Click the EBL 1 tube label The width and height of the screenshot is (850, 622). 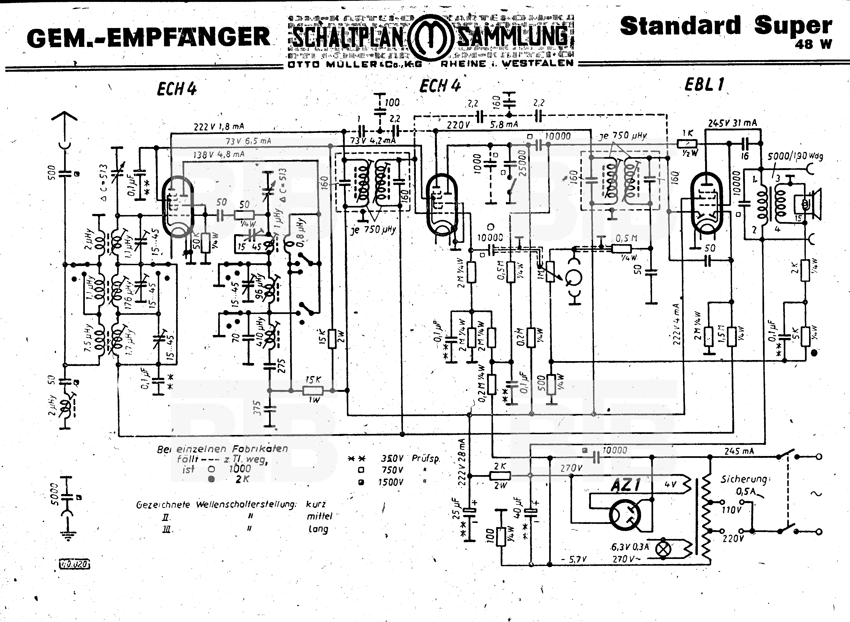[x=704, y=84]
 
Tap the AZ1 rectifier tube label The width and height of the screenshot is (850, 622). [x=625, y=485]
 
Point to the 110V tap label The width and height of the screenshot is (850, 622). [x=731, y=510]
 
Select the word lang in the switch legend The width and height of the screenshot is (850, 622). [x=318, y=529]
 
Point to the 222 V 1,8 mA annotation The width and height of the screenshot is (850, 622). [x=219, y=126]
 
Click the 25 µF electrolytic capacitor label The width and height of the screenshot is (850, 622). [x=456, y=508]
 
